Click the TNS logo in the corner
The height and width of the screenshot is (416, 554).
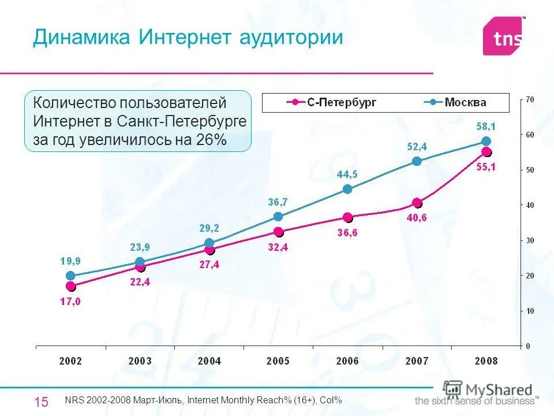(x=504, y=37)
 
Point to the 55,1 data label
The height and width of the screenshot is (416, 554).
(x=486, y=167)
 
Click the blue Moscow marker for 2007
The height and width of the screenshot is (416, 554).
(x=417, y=161)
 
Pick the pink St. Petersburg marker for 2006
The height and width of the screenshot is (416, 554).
(x=347, y=217)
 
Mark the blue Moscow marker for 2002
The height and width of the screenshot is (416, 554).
(x=70, y=276)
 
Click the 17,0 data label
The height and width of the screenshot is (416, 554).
(x=70, y=301)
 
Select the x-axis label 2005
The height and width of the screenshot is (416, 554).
(x=278, y=361)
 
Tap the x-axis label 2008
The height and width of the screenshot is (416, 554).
(x=486, y=361)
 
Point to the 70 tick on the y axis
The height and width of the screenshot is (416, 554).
(x=529, y=100)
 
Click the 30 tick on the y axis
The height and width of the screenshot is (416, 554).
(x=529, y=240)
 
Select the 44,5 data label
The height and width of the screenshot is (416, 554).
(x=347, y=174)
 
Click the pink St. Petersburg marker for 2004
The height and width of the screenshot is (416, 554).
(x=209, y=250)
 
